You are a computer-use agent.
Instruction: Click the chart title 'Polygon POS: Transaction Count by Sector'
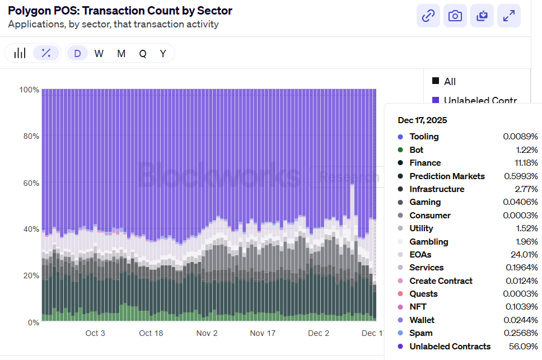click(x=120, y=11)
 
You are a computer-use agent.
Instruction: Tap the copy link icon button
click(x=428, y=16)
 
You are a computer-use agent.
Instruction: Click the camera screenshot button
click(x=455, y=16)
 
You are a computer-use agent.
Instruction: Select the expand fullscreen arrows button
click(x=509, y=16)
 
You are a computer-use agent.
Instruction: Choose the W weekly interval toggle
click(x=99, y=53)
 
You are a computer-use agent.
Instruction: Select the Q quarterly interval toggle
click(x=143, y=53)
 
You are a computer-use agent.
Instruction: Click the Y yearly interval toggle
click(x=163, y=53)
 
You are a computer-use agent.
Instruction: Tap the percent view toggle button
click(x=46, y=53)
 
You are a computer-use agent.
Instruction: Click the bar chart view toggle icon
click(x=20, y=53)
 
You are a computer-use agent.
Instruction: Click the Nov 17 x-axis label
click(x=263, y=333)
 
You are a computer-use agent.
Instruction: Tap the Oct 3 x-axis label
click(x=95, y=333)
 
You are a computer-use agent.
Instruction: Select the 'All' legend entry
click(x=450, y=82)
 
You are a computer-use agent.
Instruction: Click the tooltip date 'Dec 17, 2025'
click(x=422, y=120)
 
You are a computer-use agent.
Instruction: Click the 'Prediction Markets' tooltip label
click(x=447, y=176)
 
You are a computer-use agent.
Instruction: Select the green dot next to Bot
click(x=400, y=150)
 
